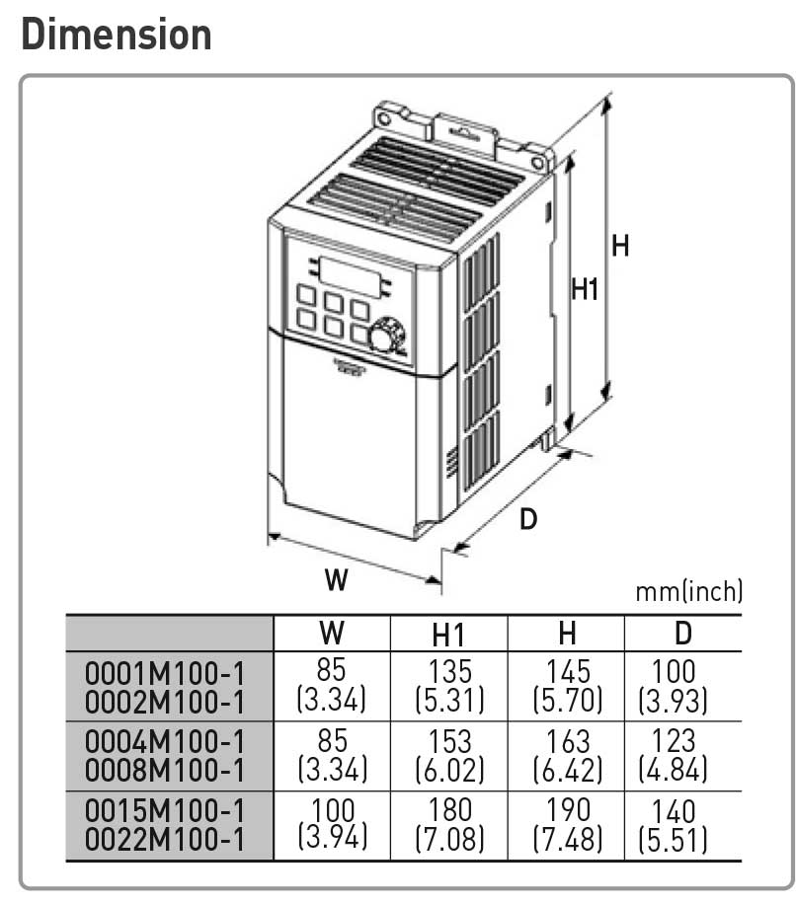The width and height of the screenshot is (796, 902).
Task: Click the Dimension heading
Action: click(x=117, y=35)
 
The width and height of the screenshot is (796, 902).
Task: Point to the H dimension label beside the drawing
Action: click(x=620, y=246)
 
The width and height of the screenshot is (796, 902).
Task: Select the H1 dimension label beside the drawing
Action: click(x=585, y=289)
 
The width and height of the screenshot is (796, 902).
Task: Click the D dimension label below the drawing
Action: click(x=527, y=519)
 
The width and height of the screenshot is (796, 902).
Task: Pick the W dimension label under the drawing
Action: click(x=336, y=579)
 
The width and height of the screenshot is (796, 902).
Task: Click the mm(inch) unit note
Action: click(x=689, y=591)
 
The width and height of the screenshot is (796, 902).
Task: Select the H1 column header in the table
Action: click(x=447, y=636)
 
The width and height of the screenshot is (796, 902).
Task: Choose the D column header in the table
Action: click(x=683, y=634)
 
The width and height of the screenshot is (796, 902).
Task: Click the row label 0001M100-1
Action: click(x=165, y=673)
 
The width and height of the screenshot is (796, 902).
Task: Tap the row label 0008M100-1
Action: click(x=165, y=771)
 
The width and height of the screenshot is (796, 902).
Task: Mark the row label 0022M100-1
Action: click(x=165, y=839)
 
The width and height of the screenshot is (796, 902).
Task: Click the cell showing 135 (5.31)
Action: click(x=449, y=686)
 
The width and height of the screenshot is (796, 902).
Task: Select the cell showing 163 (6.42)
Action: click(x=568, y=755)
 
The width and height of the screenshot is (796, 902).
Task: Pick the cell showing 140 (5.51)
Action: click(x=673, y=825)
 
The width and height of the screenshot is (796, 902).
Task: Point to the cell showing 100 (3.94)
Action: click(x=333, y=824)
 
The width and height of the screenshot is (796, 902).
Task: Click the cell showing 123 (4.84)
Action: click(x=673, y=755)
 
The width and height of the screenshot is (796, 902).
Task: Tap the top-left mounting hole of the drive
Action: click(x=383, y=119)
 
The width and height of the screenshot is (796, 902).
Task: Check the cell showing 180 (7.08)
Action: click(x=449, y=825)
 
